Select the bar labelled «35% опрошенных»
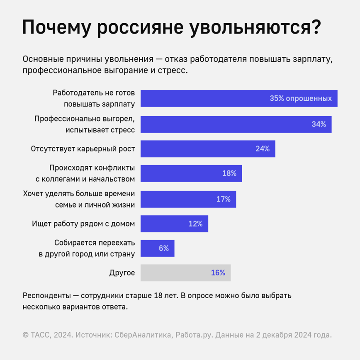[x=239, y=99]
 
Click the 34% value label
[x=319, y=124]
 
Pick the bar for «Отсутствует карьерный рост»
[x=207, y=149]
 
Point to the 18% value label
[x=229, y=173]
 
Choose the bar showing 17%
[x=188, y=199]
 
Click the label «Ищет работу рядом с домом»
[x=83, y=224]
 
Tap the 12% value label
[x=195, y=224]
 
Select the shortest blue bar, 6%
[x=158, y=248]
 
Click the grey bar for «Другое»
[x=185, y=273]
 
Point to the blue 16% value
[x=218, y=273]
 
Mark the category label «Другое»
[x=122, y=273]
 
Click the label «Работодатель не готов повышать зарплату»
[x=94, y=99]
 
